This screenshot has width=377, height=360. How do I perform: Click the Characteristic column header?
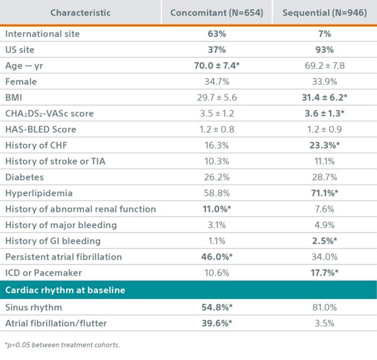point(80,13)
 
